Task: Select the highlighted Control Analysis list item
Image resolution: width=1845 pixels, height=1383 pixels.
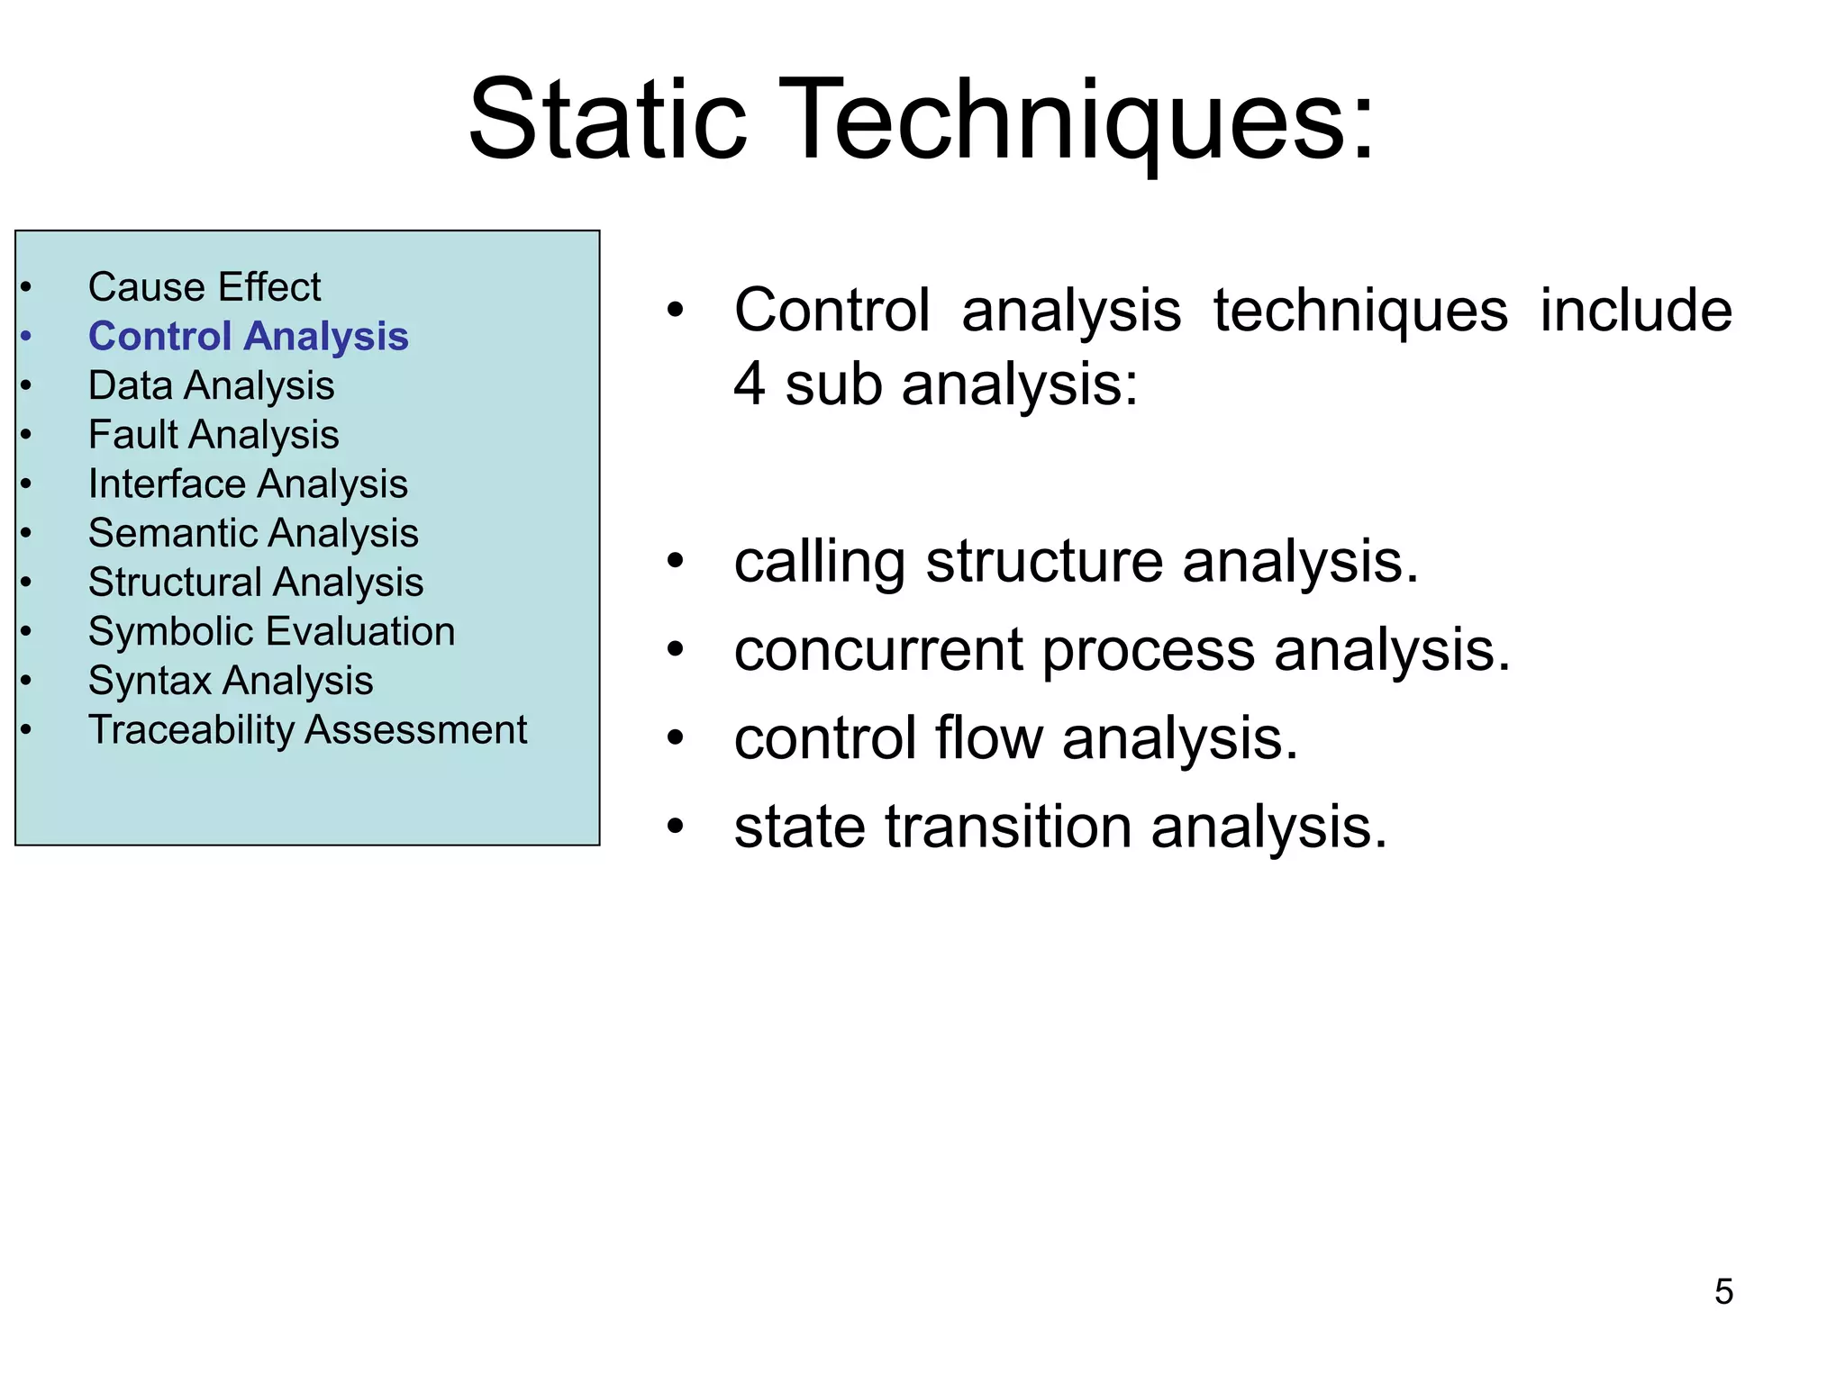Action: [x=248, y=337]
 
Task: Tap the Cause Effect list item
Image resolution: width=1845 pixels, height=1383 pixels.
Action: [x=204, y=287]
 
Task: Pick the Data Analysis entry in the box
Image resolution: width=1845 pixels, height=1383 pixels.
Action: [x=211, y=385]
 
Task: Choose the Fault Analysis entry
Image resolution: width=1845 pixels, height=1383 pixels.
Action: [x=214, y=435]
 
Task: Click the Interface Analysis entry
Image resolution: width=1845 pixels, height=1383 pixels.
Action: [x=248, y=484]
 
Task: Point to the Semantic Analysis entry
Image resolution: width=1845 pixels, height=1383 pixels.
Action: [x=253, y=533]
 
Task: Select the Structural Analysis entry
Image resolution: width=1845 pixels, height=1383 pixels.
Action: [x=256, y=583]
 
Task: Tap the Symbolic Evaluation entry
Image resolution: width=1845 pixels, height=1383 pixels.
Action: [x=271, y=631]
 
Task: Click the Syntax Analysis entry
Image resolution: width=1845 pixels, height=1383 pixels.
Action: [x=231, y=681]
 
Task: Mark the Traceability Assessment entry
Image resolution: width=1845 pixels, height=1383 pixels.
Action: [x=307, y=729]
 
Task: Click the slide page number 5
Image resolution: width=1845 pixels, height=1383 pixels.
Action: [x=1723, y=1292]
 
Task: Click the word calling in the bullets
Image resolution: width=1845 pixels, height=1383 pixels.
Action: [x=818, y=563]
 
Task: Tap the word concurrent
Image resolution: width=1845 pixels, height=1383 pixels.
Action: [x=878, y=650]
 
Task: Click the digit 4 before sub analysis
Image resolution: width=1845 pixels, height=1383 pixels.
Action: [x=750, y=384]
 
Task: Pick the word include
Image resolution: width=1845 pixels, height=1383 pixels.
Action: [x=1635, y=311]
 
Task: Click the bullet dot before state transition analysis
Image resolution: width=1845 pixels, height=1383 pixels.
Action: [x=676, y=826]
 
